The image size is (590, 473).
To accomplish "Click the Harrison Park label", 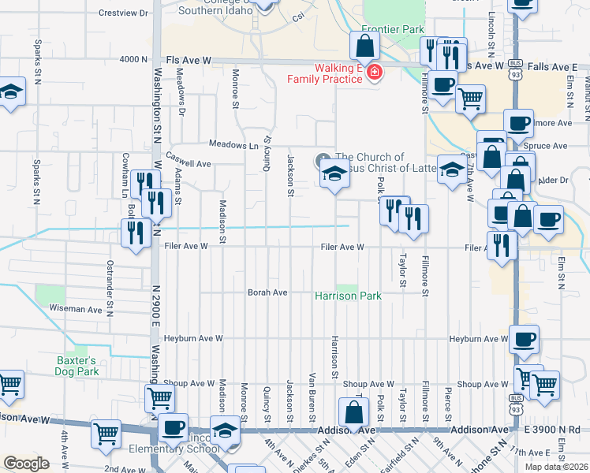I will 348,296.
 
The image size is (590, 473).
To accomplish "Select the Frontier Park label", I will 382,29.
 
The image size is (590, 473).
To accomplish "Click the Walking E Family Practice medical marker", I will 374,74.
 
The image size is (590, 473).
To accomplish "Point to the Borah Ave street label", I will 267,292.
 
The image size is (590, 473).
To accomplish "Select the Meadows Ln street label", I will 233,145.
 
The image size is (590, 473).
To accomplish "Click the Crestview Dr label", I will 125,13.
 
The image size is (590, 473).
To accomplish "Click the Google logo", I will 26,464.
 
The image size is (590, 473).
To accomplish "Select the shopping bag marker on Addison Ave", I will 354,412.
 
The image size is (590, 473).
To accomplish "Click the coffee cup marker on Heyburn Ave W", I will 524,340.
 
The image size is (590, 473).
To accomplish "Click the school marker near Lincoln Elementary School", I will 225,430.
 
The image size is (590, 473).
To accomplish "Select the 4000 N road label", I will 133,59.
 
